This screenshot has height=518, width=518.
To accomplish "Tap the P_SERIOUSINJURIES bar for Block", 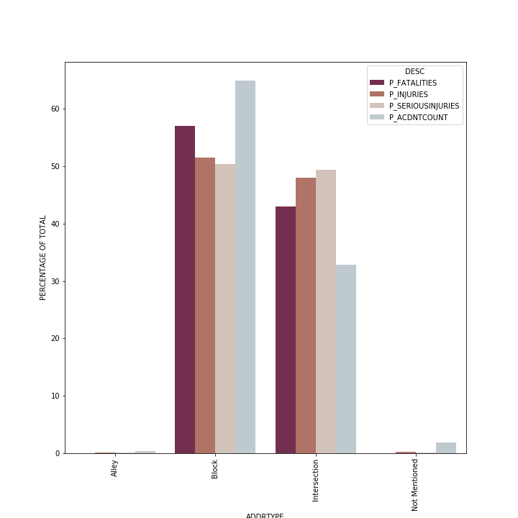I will click(x=225, y=309).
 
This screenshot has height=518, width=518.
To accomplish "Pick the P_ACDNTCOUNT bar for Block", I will click(x=245, y=267).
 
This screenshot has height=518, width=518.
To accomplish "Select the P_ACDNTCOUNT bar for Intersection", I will click(x=346, y=359).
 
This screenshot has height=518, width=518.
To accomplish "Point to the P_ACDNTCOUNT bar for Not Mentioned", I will click(x=446, y=448).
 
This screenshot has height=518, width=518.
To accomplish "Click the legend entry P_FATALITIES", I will click(x=412, y=83).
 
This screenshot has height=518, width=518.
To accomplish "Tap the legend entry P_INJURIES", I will click(x=408, y=94).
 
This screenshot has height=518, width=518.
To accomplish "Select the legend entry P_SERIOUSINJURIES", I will click(x=424, y=106).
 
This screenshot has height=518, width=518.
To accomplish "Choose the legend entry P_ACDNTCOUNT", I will click(x=418, y=117).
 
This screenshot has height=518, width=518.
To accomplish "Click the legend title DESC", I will click(x=414, y=71).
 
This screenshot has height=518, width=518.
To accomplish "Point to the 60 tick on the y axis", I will click(x=55, y=109).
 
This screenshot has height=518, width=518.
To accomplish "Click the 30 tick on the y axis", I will click(x=55, y=281).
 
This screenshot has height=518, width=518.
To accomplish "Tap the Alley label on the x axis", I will click(x=114, y=468).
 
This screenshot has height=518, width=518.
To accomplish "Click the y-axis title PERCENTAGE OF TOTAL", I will click(x=43, y=258).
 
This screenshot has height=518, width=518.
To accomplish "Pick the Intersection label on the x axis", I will click(x=315, y=480).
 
